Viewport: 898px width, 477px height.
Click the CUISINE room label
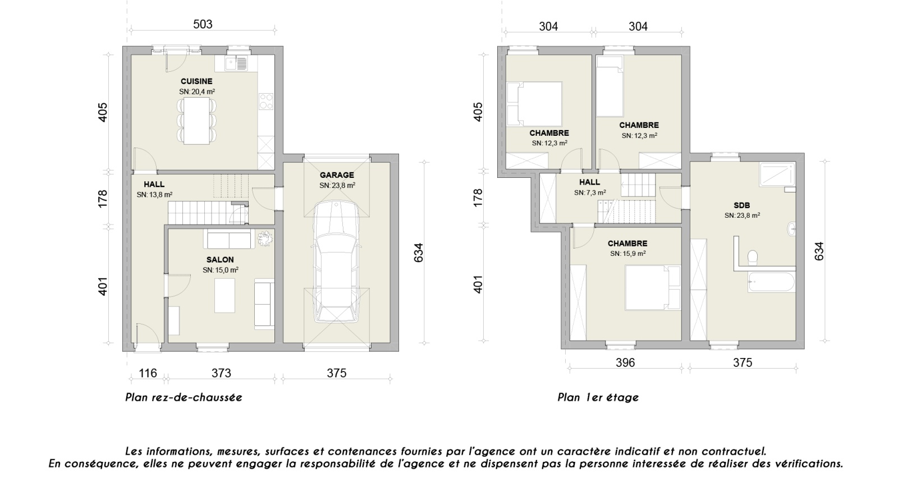[x=196, y=81]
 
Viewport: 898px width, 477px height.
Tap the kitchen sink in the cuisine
[x=236, y=63]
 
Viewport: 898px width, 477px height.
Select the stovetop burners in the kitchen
[x=266, y=101]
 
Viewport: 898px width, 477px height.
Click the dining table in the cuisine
[x=196, y=120]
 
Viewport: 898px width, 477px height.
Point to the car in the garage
[x=336, y=262]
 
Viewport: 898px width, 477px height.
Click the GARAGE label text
[x=337, y=175]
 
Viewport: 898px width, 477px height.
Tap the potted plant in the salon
[x=264, y=239]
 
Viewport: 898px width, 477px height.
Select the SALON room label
[x=220, y=260]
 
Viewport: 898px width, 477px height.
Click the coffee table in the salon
[x=224, y=295]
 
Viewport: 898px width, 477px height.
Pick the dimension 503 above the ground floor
[x=203, y=24]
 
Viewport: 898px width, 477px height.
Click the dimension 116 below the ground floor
[x=148, y=373]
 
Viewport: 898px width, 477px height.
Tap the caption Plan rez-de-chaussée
[x=184, y=397]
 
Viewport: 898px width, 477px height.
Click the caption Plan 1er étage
[x=598, y=397]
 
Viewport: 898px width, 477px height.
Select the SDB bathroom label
[x=741, y=205]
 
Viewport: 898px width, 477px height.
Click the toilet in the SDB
[x=752, y=258]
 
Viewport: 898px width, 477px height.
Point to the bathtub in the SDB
[x=771, y=282]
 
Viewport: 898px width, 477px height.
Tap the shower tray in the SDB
[x=777, y=175]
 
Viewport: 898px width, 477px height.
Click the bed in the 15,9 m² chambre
[x=653, y=287]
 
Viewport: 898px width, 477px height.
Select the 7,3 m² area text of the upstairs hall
[x=590, y=193]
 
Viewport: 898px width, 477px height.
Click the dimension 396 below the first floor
[x=625, y=363]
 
